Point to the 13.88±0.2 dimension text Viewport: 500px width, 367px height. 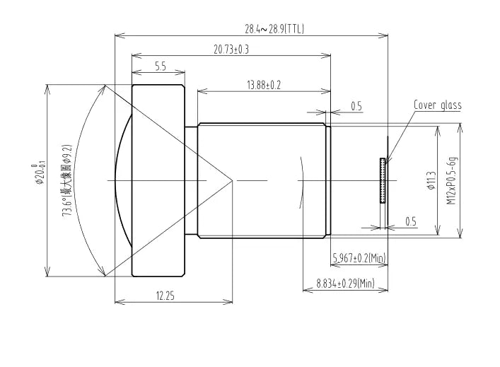(x=264, y=85)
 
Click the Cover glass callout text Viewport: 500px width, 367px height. (x=437, y=105)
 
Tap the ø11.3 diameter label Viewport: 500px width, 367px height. (x=430, y=181)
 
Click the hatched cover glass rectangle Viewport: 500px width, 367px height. (x=383, y=181)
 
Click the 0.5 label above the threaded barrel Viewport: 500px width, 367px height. (x=356, y=107)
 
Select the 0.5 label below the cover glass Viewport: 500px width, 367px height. (x=410, y=221)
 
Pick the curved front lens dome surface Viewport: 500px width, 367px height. (x=122, y=181)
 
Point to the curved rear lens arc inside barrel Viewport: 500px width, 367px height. (x=302, y=181)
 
